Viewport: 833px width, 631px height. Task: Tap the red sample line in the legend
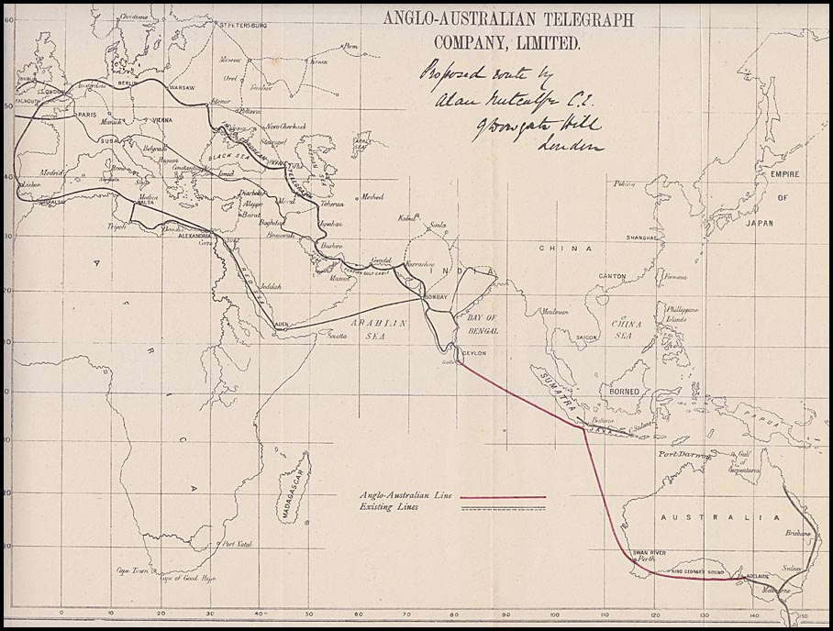pos(502,497)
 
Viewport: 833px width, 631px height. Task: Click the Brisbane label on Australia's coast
pos(795,534)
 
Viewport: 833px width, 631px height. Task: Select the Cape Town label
pos(132,570)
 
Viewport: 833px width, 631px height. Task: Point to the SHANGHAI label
pos(640,238)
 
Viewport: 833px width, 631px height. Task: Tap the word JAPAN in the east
pos(758,222)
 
